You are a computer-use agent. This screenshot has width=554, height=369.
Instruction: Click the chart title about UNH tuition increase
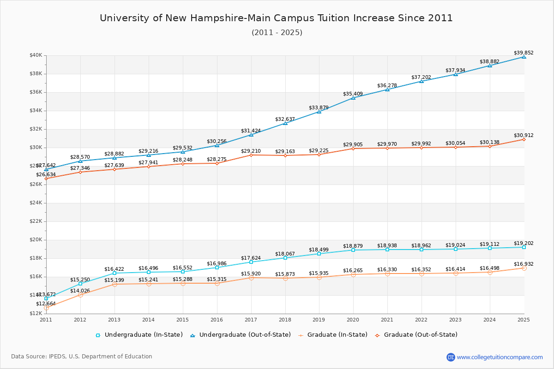[x=276, y=18]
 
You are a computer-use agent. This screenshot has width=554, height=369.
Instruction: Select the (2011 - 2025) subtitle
[x=277, y=33]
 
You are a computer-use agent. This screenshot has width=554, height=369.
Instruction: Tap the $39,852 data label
[x=524, y=53]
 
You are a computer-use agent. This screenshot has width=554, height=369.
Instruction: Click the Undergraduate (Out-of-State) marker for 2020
[x=353, y=98]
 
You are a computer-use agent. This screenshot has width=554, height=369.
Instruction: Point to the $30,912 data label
[x=524, y=135]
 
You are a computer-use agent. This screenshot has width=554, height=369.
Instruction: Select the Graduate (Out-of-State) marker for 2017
[x=251, y=155]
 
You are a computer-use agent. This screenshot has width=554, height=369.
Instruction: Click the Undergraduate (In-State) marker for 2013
[x=114, y=273]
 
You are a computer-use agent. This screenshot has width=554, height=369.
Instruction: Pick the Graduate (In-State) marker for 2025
[x=524, y=268]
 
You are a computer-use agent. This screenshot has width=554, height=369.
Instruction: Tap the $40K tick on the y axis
[x=36, y=55]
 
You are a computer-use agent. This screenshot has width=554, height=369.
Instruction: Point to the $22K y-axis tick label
[x=36, y=221]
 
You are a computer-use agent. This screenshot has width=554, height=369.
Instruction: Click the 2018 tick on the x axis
[x=285, y=319]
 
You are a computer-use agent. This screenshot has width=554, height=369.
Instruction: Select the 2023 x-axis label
[x=456, y=319]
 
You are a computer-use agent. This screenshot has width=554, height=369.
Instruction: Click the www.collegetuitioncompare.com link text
[x=500, y=357]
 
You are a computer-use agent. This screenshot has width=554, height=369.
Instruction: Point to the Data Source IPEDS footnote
[x=82, y=357]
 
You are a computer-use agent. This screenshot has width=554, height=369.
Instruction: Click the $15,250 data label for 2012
[x=80, y=280]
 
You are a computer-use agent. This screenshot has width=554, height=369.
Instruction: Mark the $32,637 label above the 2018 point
[x=285, y=119]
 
